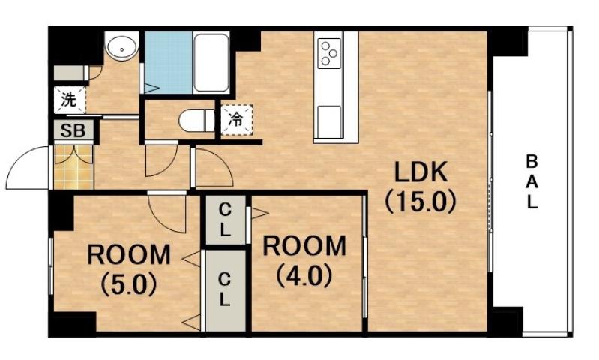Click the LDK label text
(x=421, y=174)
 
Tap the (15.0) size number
(x=421, y=202)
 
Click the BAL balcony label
(x=531, y=181)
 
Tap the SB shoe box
(x=73, y=130)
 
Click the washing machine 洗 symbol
(x=69, y=98)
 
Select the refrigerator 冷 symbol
(x=235, y=118)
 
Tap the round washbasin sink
(x=120, y=49)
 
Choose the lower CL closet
(x=225, y=289)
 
